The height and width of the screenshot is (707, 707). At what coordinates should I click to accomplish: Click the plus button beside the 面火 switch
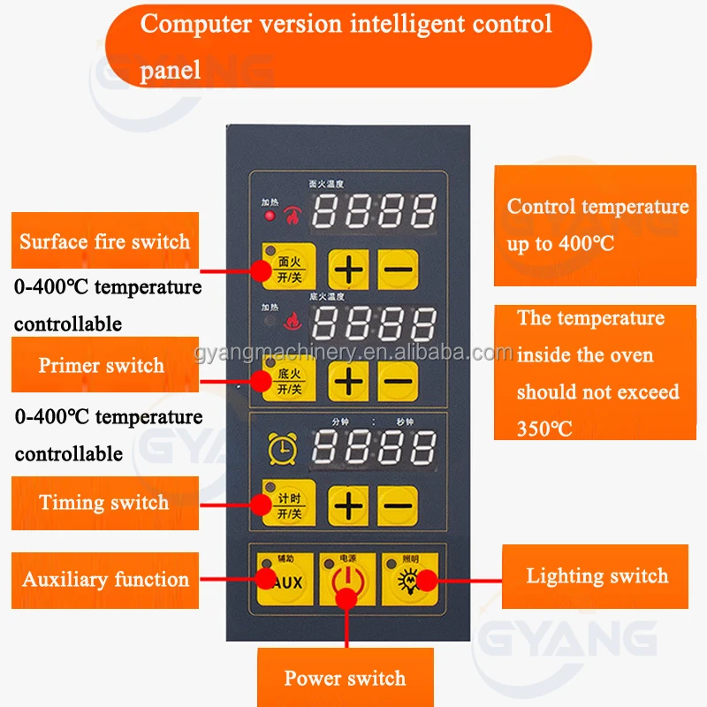tap(350, 268)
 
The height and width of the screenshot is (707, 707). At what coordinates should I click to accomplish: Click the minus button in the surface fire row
tap(398, 268)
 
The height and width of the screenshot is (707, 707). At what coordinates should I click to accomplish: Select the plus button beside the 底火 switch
tap(350, 381)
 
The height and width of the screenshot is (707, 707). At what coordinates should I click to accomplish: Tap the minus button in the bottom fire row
tap(398, 381)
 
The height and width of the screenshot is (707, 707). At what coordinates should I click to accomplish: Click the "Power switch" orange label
tap(345, 679)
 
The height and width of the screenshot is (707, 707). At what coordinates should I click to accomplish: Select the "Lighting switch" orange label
tap(597, 576)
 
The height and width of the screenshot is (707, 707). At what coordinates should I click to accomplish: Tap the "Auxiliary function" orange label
tap(105, 580)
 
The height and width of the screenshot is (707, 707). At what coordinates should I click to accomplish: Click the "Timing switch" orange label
tap(104, 503)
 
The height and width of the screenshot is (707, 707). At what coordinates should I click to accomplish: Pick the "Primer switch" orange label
tap(103, 365)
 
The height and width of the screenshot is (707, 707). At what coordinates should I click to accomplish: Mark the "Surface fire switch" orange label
tap(104, 241)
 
